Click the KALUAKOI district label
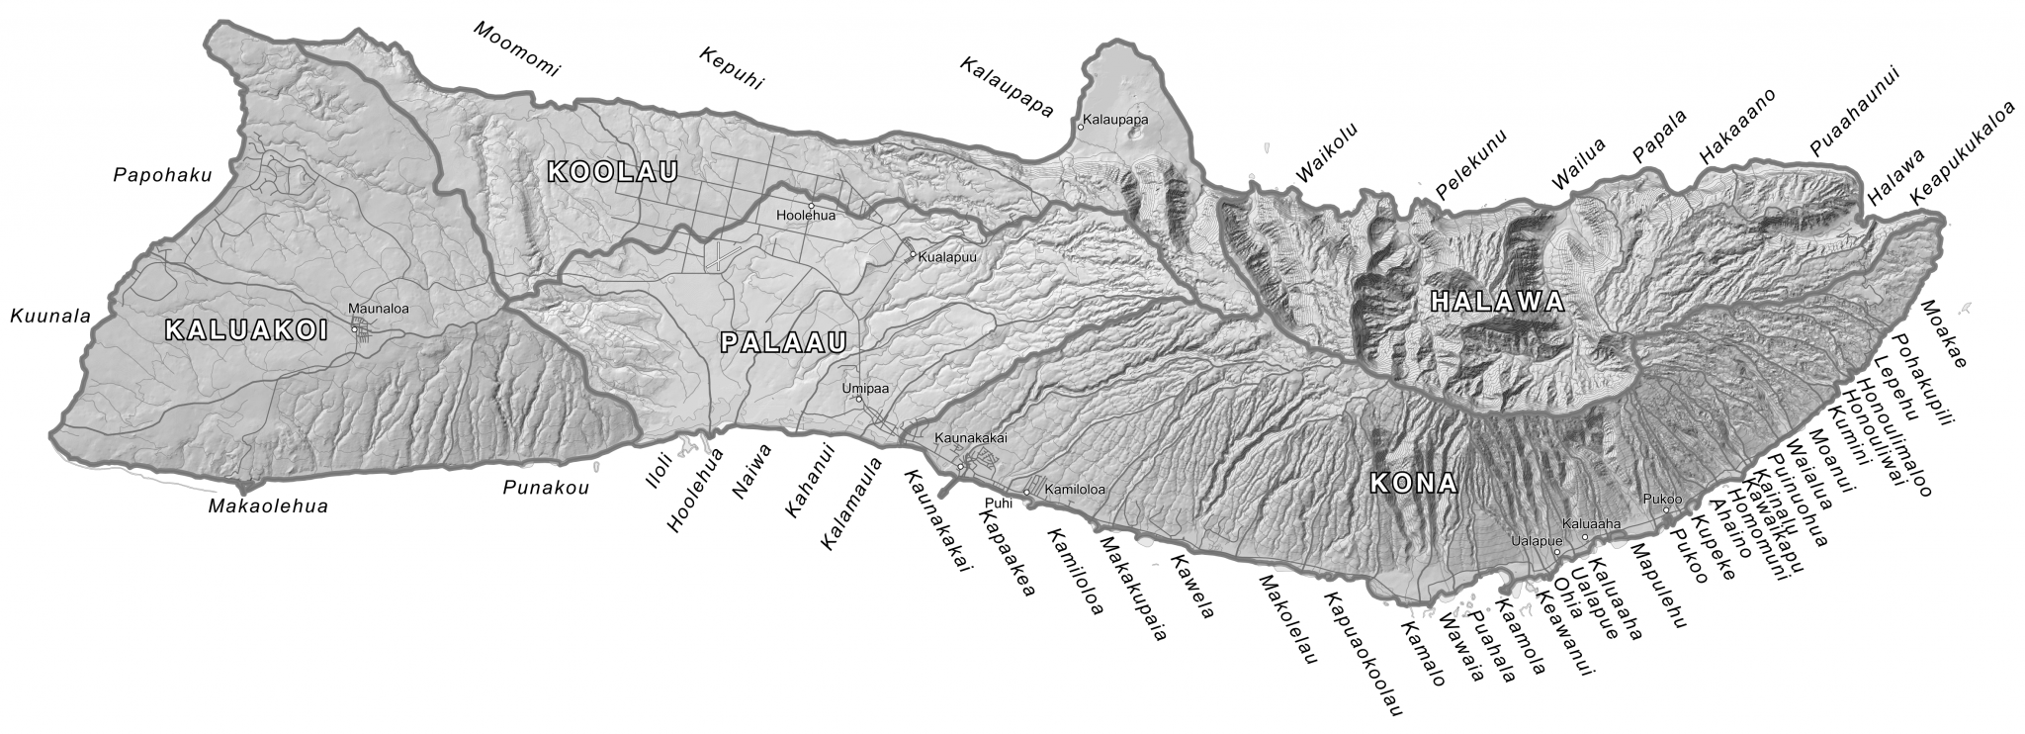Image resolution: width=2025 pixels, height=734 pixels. (x=245, y=331)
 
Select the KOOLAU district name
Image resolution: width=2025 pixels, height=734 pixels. (x=612, y=172)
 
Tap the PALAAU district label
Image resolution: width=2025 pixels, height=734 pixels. (x=784, y=343)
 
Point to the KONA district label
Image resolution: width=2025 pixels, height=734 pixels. (x=1414, y=484)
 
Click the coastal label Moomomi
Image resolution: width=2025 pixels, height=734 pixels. (x=515, y=48)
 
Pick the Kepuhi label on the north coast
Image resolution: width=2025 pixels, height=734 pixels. (x=732, y=68)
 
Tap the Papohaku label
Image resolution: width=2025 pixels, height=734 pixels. (x=163, y=176)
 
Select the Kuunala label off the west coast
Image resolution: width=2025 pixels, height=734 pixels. (x=49, y=317)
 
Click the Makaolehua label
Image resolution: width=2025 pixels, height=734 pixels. (x=268, y=506)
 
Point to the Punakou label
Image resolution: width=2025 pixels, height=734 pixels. (x=546, y=487)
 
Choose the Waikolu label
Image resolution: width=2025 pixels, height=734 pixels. (x=1327, y=153)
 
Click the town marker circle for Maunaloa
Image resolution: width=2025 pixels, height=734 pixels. (x=355, y=329)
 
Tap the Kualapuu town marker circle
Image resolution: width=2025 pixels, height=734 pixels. (x=913, y=254)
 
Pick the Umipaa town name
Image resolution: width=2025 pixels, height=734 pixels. (x=865, y=388)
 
